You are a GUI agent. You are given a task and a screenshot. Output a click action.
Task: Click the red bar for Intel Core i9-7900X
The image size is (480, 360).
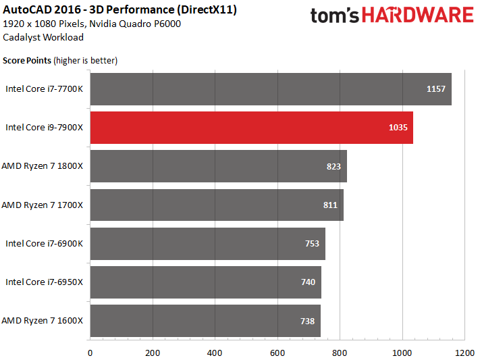(252, 128)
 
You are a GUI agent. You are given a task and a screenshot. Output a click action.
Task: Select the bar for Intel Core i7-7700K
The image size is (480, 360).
(271, 89)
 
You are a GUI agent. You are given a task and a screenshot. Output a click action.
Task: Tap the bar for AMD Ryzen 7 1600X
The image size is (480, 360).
(205, 321)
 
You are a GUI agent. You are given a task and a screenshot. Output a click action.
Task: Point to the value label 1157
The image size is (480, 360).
(436, 89)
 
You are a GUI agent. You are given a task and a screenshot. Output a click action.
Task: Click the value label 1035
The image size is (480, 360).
(398, 128)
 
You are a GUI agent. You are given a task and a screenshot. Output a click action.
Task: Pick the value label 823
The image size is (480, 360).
(334, 166)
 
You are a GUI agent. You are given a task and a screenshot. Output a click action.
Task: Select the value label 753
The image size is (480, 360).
(312, 244)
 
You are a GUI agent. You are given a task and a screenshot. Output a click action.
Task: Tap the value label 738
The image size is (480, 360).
(307, 321)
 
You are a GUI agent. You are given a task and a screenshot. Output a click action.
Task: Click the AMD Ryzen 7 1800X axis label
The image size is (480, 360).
(43, 166)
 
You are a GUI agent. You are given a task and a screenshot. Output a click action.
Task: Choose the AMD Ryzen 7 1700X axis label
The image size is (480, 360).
(43, 205)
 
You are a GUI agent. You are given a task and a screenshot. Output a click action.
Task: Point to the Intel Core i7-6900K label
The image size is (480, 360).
(44, 244)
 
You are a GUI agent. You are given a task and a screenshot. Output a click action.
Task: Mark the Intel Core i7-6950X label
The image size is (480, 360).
(44, 282)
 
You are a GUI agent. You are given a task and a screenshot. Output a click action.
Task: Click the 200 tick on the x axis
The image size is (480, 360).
(153, 353)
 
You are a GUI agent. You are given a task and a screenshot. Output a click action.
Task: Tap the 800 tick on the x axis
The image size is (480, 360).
(340, 353)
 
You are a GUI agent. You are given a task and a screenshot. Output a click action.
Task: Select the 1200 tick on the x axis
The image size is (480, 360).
(464, 353)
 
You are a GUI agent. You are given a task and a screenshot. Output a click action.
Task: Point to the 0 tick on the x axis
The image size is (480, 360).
(90, 353)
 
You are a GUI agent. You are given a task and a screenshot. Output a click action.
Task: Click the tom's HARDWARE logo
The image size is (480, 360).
(392, 15)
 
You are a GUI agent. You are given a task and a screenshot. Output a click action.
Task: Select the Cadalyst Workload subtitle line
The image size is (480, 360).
(43, 37)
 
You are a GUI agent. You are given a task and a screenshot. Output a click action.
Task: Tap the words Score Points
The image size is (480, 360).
(27, 61)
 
